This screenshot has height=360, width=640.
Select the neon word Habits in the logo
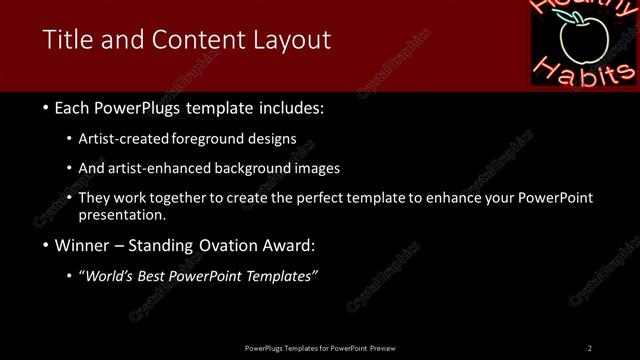(x=584, y=71)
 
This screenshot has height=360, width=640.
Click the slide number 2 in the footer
(x=590, y=348)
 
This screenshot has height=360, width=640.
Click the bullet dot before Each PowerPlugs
(x=46, y=108)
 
